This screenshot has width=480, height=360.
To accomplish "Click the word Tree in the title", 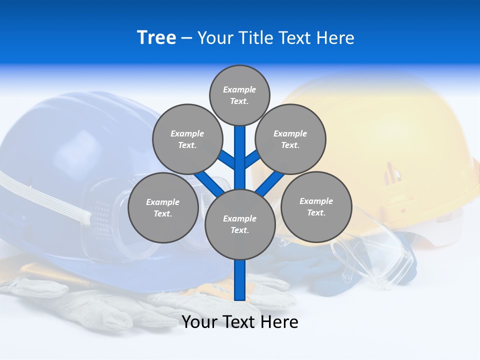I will (x=156, y=37).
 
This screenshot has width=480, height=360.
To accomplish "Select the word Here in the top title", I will (x=335, y=38).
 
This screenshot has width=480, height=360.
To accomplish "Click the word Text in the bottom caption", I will (x=239, y=322).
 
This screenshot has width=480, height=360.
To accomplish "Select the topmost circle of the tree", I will (x=239, y=95).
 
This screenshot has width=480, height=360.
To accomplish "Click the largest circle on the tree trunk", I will (x=240, y=224).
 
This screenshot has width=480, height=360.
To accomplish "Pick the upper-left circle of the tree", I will (x=187, y=139).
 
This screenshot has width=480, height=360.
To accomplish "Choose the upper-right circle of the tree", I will (x=290, y=139).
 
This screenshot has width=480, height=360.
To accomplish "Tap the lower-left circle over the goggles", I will (x=163, y=207).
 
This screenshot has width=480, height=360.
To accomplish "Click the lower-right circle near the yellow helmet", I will (x=316, y=206).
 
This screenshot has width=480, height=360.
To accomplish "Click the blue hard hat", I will (x=60, y=150).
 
